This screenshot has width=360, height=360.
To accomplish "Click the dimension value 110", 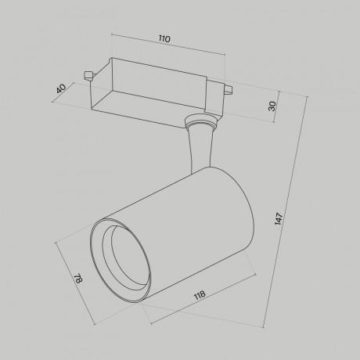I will point(164,38).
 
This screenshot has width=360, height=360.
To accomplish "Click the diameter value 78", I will point(76,279).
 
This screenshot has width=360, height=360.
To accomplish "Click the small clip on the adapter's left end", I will point(88,75).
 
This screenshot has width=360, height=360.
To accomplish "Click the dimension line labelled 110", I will point(164,47).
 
